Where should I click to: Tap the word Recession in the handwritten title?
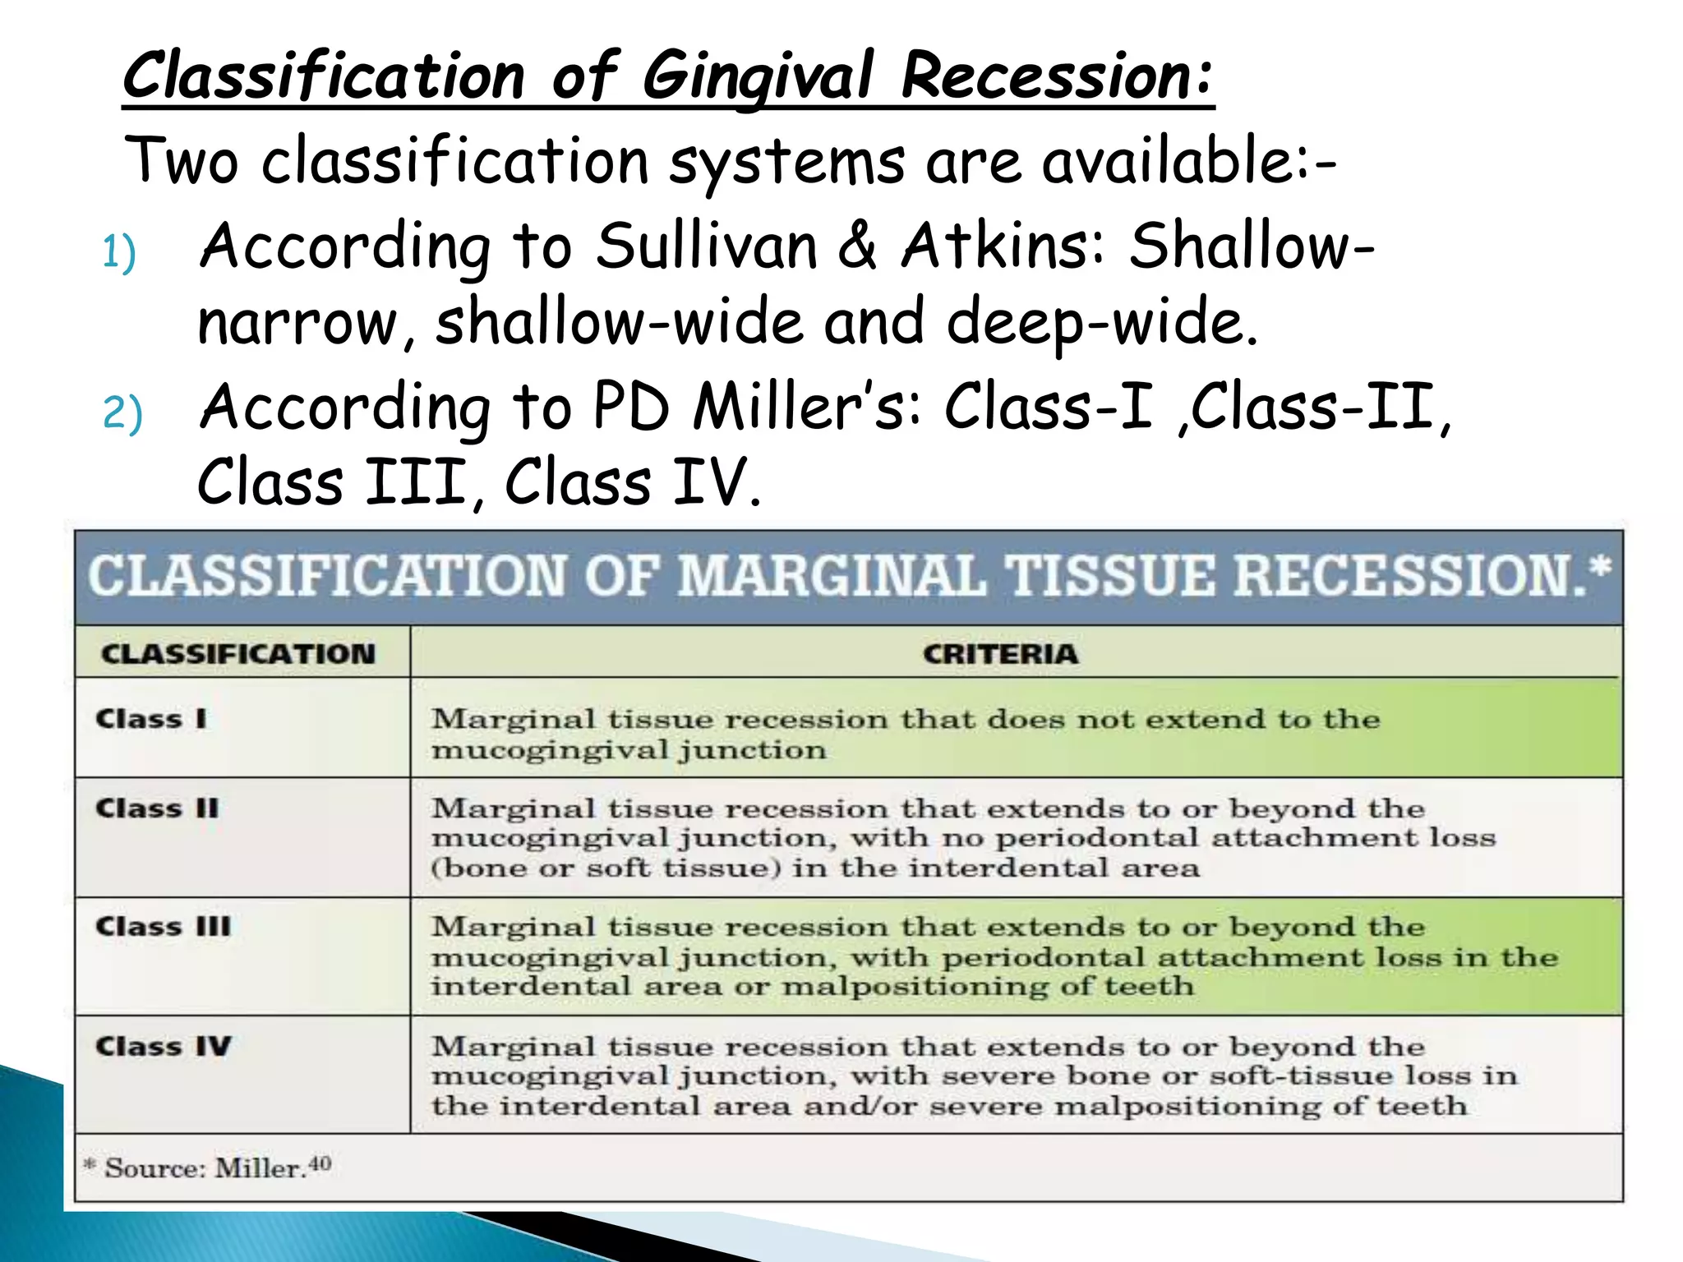click(x=1056, y=76)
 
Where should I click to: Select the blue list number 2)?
click(x=122, y=412)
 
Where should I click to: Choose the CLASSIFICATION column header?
click(x=238, y=654)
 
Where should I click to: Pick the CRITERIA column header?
click(x=1000, y=654)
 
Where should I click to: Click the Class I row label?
click(x=151, y=719)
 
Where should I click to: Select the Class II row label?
click(x=157, y=808)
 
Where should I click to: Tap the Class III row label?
click(x=163, y=927)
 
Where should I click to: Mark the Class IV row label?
click(x=163, y=1046)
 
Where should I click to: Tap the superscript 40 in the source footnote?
click(x=320, y=1163)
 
